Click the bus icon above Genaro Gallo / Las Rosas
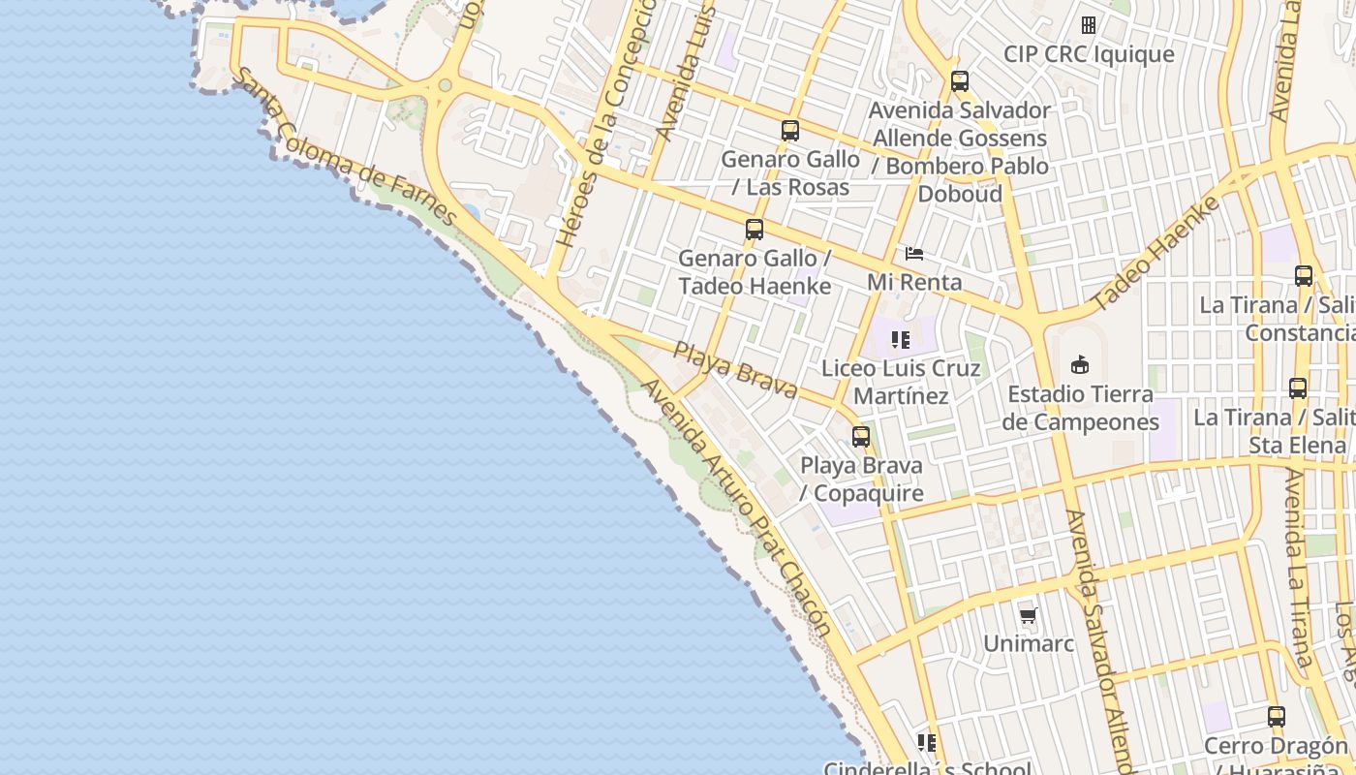tap(790, 131)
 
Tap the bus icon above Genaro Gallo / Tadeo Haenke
tap(755, 230)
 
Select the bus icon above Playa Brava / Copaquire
tap(861, 437)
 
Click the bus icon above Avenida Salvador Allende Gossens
tap(960, 81)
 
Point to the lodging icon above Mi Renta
tap(914, 254)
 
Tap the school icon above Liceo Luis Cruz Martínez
tap(901, 340)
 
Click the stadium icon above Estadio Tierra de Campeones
tap(1080, 365)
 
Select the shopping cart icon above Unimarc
tap(1029, 616)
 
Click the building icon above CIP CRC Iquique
tap(1089, 25)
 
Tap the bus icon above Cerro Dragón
tap(1277, 717)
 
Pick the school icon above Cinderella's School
tap(927, 743)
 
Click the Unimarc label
tap(1029, 643)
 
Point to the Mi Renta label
tap(915, 282)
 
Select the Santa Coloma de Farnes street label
tap(347, 147)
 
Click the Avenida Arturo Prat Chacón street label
tap(736, 507)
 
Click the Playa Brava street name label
tap(735, 370)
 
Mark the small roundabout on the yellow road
tap(445, 86)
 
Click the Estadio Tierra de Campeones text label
tap(1080, 408)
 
